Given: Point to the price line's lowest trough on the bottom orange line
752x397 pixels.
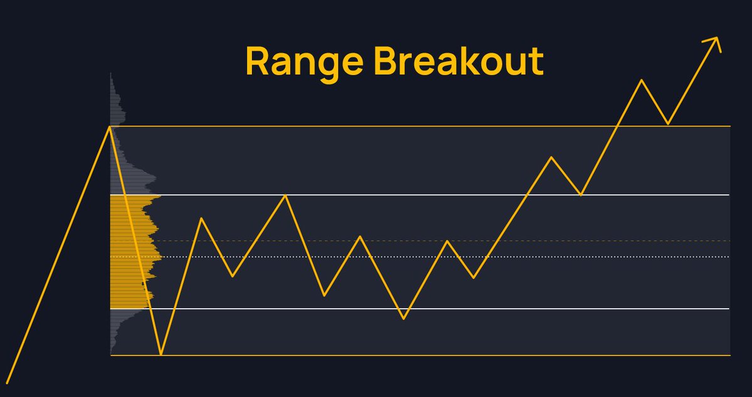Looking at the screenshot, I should [x=161, y=354].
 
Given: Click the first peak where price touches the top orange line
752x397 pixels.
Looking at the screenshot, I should [x=110, y=127].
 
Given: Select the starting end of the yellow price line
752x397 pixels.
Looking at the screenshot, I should [x=7, y=382].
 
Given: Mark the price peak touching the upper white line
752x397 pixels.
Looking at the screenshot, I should [x=286, y=195].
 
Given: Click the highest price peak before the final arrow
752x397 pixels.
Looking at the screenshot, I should [x=641, y=80].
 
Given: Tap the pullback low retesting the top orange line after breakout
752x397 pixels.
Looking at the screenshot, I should [x=668, y=124].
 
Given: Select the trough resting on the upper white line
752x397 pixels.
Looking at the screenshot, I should [x=581, y=195].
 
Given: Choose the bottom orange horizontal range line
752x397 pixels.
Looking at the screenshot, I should [x=439, y=356].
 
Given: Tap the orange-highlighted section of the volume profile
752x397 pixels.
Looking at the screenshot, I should [x=125, y=250].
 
